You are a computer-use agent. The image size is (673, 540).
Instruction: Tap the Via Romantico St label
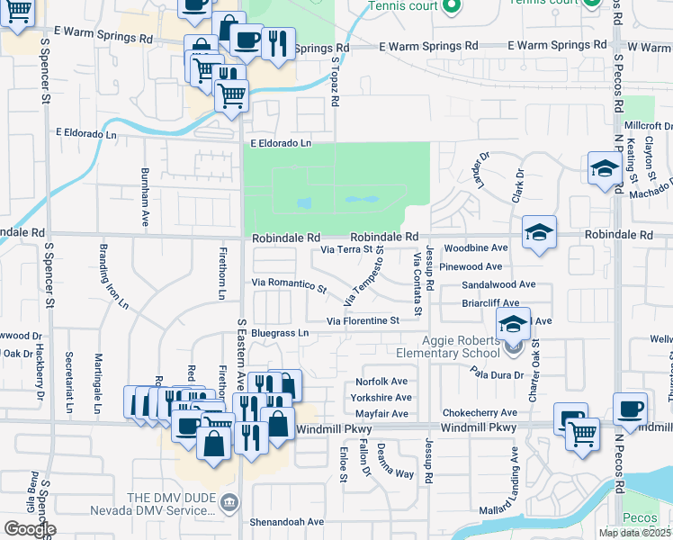point(289,284)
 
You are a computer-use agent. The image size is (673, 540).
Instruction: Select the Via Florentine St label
point(363,320)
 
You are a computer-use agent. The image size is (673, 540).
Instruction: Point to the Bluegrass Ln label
point(280,333)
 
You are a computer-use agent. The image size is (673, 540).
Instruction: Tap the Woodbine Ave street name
point(476,247)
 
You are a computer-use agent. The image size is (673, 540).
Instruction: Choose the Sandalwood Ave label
point(498,284)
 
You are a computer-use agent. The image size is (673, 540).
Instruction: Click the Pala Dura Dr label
point(496,373)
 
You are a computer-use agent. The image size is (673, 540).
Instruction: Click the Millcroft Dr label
point(651,125)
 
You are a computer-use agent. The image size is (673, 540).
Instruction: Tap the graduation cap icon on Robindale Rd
point(540,234)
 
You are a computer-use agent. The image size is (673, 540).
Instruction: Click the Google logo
point(30,529)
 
